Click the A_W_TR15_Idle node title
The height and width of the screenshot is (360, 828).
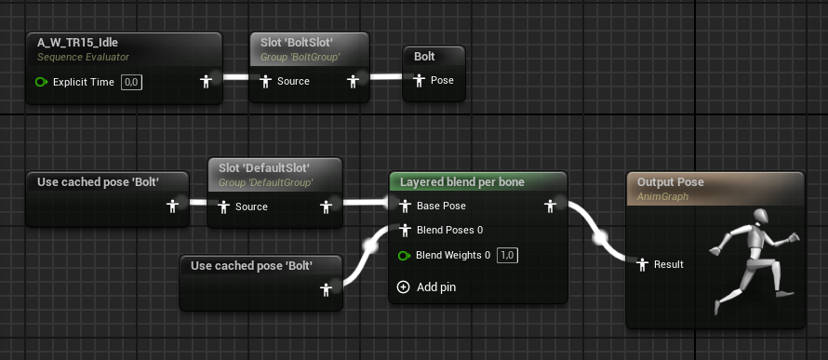(x=77, y=43)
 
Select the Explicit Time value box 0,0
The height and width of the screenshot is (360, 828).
(x=131, y=82)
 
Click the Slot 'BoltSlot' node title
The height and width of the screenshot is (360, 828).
(x=296, y=43)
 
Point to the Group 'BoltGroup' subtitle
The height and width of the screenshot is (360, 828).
(x=300, y=57)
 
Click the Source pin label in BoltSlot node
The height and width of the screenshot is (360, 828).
(x=293, y=81)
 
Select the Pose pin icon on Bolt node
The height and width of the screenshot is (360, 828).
(x=420, y=80)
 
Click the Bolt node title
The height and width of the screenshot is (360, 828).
(x=424, y=57)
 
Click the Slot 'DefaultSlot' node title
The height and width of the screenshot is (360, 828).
(x=263, y=167)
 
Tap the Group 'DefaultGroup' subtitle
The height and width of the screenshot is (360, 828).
(x=266, y=182)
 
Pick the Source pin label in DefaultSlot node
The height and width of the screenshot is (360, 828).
(x=251, y=207)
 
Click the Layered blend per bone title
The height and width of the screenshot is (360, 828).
(x=462, y=182)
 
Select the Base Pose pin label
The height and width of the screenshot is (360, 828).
(x=442, y=206)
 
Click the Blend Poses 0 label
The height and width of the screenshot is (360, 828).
(x=450, y=230)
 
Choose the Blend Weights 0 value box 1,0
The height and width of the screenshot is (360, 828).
(x=507, y=256)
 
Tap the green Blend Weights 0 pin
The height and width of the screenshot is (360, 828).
(x=405, y=256)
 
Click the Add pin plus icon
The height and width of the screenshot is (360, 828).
(x=404, y=287)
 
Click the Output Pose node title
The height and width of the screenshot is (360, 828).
(x=671, y=182)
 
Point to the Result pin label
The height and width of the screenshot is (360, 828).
(x=669, y=264)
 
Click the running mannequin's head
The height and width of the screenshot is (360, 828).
(x=761, y=217)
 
